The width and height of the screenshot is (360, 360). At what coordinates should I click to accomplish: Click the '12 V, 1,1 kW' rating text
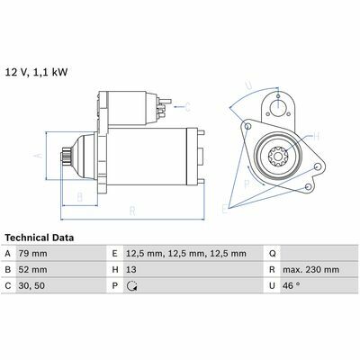[36, 72]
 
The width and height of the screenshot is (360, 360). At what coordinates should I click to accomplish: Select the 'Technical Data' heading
[40, 238]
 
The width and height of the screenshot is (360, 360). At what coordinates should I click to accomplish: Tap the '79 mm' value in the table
[32, 254]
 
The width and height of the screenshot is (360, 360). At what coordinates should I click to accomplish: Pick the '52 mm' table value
[32, 270]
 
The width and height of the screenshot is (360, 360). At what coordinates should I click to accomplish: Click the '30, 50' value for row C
[31, 285]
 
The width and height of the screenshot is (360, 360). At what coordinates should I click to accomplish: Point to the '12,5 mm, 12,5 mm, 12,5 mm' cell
[186, 254]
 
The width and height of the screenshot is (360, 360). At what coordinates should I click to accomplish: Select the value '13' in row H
[131, 270]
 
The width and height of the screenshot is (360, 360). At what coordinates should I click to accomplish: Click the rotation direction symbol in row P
[132, 286]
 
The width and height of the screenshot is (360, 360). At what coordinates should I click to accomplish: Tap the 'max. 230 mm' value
[310, 270]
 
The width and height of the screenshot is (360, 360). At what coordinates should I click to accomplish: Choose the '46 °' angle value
[291, 285]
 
